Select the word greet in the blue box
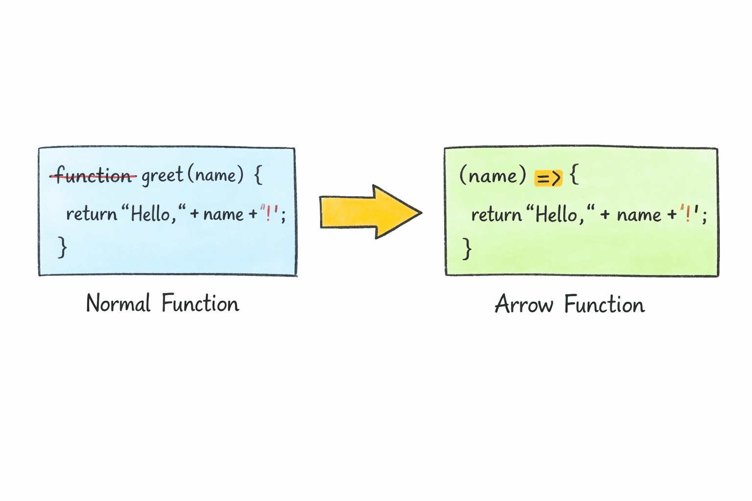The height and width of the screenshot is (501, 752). pyautogui.click(x=162, y=175)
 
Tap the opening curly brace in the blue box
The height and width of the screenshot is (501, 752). pyautogui.click(x=258, y=175)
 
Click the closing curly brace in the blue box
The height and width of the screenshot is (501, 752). pyautogui.click(x=62, y=247)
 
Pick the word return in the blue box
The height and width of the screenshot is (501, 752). pyautogui.click(x=92, y=214)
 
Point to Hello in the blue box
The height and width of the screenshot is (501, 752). pyautogui.click(x=150, y=214)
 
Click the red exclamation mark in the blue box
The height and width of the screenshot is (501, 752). pyautogui.click(x=268, y=213)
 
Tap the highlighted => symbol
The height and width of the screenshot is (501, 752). pyautogui.click(x=548, y=177)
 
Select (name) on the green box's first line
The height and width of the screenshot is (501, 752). pyautogui.click(x=493, y=175)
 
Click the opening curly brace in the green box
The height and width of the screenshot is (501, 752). pyautogui.click(x=575, y=175)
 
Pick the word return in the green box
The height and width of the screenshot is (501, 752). pyautogui.click(x=496, y=215)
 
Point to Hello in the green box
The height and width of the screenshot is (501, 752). pyautogui.click(x=556, y=215)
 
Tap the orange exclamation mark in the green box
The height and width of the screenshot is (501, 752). pyautogui.click(x=688, y=214)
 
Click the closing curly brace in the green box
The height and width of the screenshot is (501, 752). pyautogui.click(x=467, y=248)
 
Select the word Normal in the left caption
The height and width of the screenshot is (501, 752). pyautogui.click(x=118, y=304)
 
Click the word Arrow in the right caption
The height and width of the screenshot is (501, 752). pyautogui.click(x=523, y=305)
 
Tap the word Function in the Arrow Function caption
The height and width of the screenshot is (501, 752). pyautogui.click(x=604, y=305)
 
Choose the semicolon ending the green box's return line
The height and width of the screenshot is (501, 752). pyautogui.click(x=704, y=216)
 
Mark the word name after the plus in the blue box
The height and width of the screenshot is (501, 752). pyautogui.click(x=223, y=214)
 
